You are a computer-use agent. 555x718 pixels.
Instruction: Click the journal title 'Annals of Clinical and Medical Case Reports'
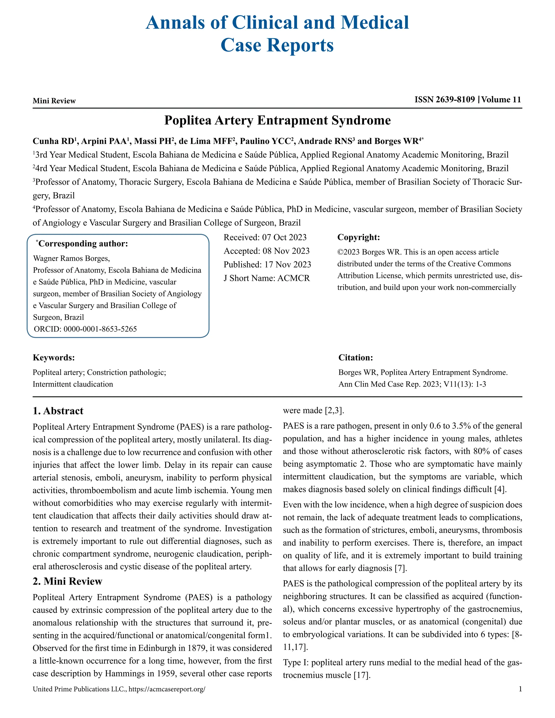tap(277, 34)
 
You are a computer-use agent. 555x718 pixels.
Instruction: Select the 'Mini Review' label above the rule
tap(54, 101)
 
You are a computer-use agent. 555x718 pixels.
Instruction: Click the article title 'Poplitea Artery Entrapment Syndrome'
tap(277, 120)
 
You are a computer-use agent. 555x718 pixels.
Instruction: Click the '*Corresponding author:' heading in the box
tap(82, 244)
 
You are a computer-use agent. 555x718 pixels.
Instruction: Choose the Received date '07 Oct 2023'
tap(284, 237)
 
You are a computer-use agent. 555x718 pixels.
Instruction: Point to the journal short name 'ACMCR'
tap(293, 278)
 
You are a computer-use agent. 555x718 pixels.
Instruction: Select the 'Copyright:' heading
tap(358, 237)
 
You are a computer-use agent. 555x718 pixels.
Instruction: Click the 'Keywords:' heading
tap(54, 358)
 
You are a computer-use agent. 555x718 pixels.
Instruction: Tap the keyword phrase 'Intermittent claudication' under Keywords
tap(73, 384)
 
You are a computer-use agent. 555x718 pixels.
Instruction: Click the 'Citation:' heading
tap(356, 358)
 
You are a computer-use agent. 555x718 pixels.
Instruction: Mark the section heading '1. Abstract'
tap(58, 411)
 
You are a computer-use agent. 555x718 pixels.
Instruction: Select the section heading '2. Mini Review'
tap(67, 581)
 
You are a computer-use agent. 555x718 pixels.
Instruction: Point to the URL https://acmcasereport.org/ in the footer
tap(167, 689)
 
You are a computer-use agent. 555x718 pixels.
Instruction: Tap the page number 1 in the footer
tap(520, 689)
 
